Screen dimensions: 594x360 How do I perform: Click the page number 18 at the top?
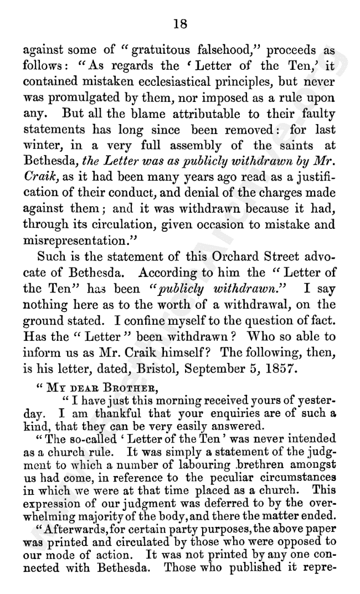click(180, 23)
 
